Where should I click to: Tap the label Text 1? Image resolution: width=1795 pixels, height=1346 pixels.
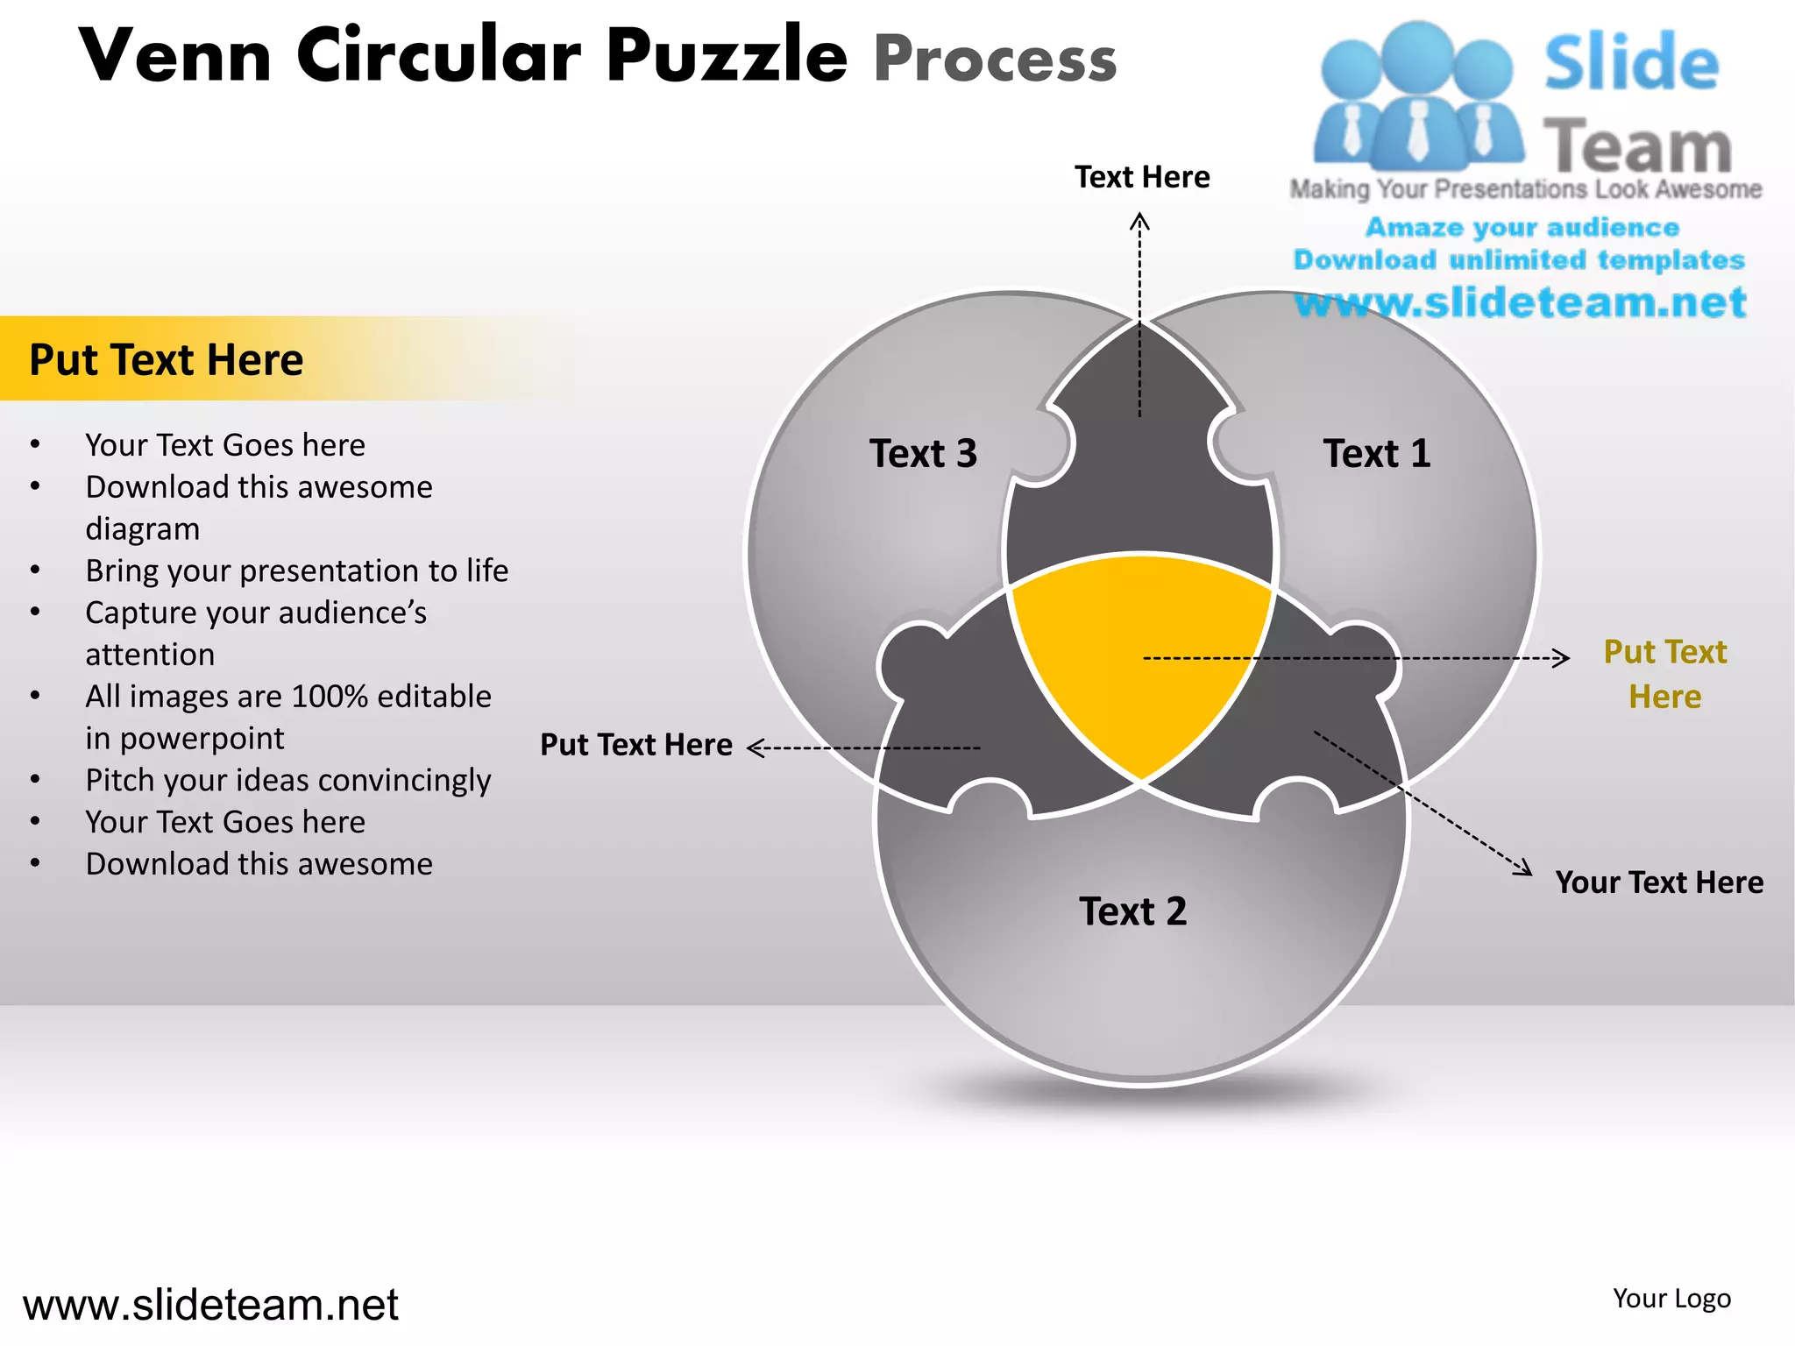1376,454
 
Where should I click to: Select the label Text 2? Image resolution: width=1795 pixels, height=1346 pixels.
1132,911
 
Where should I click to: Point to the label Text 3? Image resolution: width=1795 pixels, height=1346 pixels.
923,454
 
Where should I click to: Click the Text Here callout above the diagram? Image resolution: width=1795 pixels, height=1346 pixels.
1142,177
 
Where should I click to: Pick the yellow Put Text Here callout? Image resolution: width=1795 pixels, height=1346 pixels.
1664,674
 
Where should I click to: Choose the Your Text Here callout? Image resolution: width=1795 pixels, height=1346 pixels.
1658,882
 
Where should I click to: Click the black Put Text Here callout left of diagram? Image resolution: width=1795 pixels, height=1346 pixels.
635,745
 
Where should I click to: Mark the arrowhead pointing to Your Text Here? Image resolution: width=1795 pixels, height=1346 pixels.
1525,868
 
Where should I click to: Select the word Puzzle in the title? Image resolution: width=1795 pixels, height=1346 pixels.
727,56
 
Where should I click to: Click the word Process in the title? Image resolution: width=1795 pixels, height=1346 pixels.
995,60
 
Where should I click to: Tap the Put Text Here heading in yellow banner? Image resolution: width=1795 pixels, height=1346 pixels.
166,360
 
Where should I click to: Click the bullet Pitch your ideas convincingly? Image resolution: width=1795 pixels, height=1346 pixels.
287,780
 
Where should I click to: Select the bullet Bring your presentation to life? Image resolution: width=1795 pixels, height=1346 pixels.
296,570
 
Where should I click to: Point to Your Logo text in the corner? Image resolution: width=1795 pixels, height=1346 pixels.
1671,1299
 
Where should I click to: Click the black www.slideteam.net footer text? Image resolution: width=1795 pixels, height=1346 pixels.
210,1305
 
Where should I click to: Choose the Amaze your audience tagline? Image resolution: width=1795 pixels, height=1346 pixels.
1522,228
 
